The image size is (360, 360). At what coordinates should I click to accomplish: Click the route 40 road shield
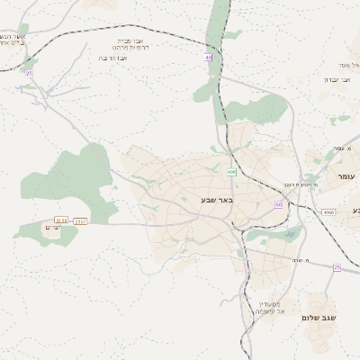[209, 58]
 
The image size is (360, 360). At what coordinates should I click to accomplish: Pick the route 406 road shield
[231, 171]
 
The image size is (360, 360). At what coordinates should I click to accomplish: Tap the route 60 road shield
[279, 205]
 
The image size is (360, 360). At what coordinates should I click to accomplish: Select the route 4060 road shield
[328, 212]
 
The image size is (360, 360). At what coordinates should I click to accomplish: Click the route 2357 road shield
[80, 220]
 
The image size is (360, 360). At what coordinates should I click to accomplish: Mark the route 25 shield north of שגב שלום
[337, 267]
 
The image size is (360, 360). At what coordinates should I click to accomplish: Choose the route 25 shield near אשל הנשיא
[29, 73]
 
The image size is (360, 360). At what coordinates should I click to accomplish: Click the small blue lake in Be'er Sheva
[291, 236]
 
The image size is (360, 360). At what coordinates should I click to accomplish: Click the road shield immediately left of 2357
[61, 220]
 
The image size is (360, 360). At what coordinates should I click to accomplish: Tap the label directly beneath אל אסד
[337, 79]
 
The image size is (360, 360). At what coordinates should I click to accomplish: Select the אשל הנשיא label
[13, 38]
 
